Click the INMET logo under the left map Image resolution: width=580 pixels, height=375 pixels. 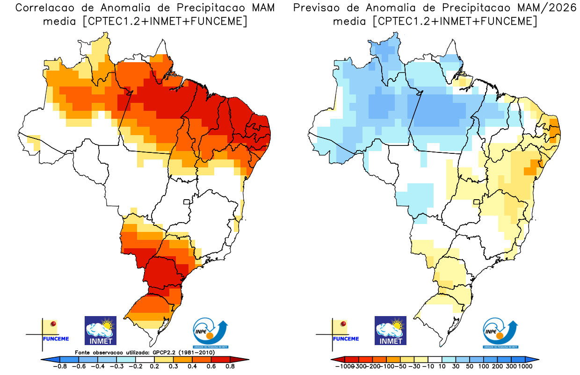click(x=100, y=330)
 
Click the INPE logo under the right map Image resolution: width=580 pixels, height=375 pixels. click(x=500, y=332)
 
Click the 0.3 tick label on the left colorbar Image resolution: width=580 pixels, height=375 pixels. click(x=173, y=367)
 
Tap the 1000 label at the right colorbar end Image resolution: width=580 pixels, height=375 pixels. click(x=525, y=367)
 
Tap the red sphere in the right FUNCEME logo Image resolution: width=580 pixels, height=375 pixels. click(x=344, y=324)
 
